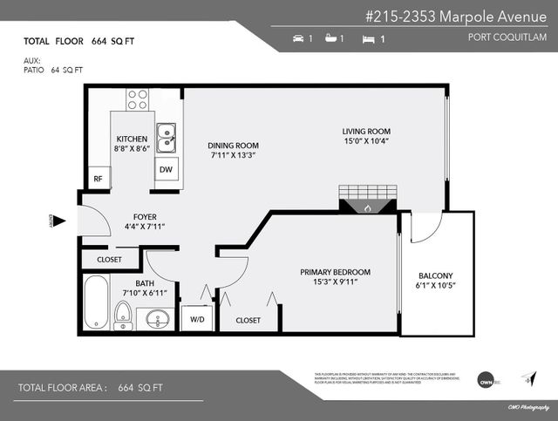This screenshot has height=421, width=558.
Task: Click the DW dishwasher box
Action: [166, 170]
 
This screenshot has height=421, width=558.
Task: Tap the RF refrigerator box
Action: [99, 179]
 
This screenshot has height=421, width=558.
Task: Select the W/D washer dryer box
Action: [196, 320]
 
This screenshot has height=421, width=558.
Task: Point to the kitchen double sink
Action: [167, 135]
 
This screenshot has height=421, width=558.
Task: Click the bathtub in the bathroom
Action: [96, 302]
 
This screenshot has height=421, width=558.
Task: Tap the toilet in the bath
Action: [123, 312]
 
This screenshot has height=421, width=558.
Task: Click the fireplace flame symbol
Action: [367, 208]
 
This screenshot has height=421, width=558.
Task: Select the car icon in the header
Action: [300, 39]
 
